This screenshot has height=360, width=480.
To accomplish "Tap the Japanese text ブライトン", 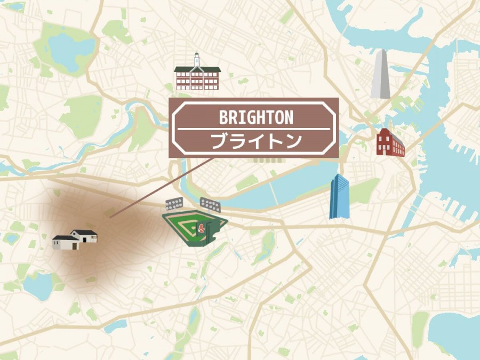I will coord(256,141).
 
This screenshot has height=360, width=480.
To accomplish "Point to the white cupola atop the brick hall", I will coord(197,58).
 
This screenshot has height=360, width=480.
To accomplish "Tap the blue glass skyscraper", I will coord(340,196).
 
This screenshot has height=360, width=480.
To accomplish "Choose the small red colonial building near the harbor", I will coord(390,143).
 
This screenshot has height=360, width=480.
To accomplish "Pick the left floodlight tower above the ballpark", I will coord(174,203).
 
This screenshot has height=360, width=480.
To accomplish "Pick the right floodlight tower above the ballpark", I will coord(209,203).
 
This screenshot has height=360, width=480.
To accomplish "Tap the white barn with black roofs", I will coord(76,239).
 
